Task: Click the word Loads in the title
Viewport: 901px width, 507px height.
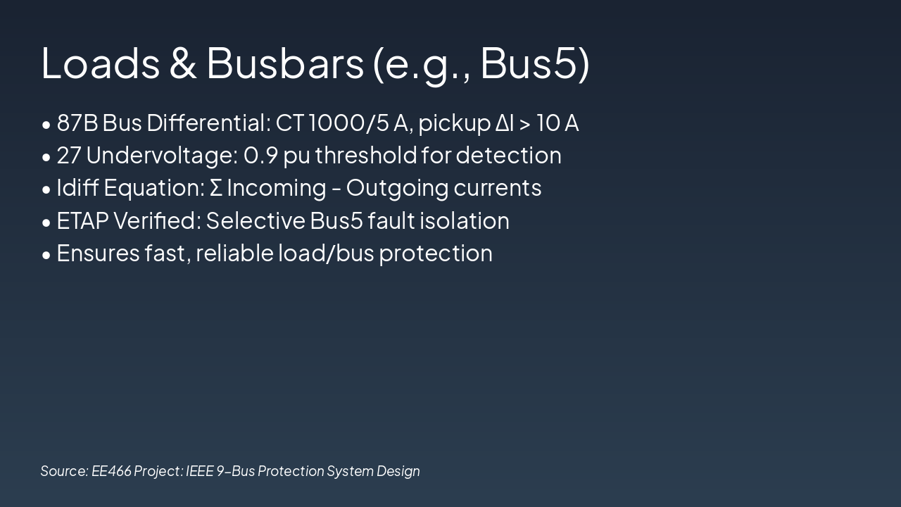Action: pos(101,63)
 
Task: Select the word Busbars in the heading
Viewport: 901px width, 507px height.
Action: pos(284,63)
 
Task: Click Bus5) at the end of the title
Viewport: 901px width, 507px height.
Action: pos(534,63)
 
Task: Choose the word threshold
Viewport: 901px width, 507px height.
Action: pos(365,156)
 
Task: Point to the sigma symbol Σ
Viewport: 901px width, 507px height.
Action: pos(216,188)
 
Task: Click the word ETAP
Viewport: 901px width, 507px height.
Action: pos(82,221)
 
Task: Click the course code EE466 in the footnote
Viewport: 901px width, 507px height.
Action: pos(111,471)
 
